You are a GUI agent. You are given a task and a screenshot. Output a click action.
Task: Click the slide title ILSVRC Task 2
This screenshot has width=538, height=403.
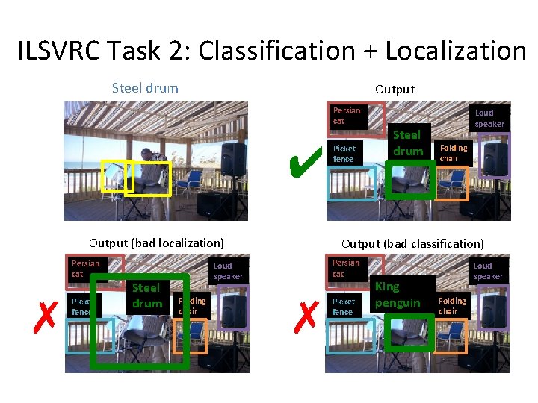271,51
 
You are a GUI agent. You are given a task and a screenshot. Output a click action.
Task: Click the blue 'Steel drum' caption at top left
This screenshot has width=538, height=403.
145,88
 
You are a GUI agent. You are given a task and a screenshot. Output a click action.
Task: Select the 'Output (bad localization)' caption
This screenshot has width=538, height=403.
156,243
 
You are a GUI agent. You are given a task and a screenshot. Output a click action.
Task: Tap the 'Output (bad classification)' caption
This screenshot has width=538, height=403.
412,243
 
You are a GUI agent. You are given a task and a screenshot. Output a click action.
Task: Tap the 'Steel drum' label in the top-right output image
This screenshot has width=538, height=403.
407,143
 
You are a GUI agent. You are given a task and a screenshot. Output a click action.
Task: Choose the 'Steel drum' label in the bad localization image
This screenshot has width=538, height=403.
146,295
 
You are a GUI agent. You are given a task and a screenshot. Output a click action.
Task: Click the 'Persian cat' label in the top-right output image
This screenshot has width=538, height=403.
347,116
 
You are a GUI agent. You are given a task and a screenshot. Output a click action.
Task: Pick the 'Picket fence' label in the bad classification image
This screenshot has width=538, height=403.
344,306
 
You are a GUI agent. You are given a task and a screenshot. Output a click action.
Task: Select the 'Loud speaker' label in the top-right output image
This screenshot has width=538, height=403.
489,119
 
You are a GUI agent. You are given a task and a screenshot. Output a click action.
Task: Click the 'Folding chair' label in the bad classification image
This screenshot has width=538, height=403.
452,305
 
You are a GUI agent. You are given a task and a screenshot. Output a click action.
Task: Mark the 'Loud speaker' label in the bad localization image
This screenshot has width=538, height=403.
228,270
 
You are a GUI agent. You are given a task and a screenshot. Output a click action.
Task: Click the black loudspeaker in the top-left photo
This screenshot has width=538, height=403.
234,158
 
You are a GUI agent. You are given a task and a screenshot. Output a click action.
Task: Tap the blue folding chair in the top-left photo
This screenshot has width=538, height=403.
191,181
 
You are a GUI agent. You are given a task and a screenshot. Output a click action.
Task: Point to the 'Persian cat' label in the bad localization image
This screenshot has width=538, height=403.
85,269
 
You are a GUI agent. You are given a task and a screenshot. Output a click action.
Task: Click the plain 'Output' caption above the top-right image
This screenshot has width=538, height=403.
395,89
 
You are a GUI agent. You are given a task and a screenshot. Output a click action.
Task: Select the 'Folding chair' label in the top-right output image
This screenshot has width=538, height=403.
453,153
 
